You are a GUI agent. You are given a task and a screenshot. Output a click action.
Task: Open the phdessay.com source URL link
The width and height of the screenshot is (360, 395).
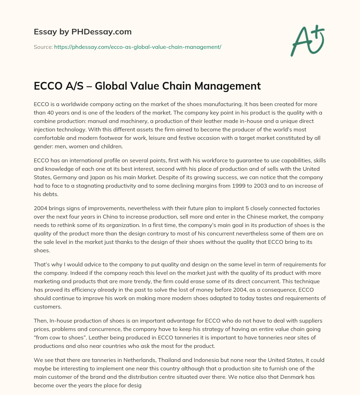tap(137, 47)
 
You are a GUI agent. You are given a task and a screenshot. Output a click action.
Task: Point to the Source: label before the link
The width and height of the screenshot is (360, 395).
tap(43, 47)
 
